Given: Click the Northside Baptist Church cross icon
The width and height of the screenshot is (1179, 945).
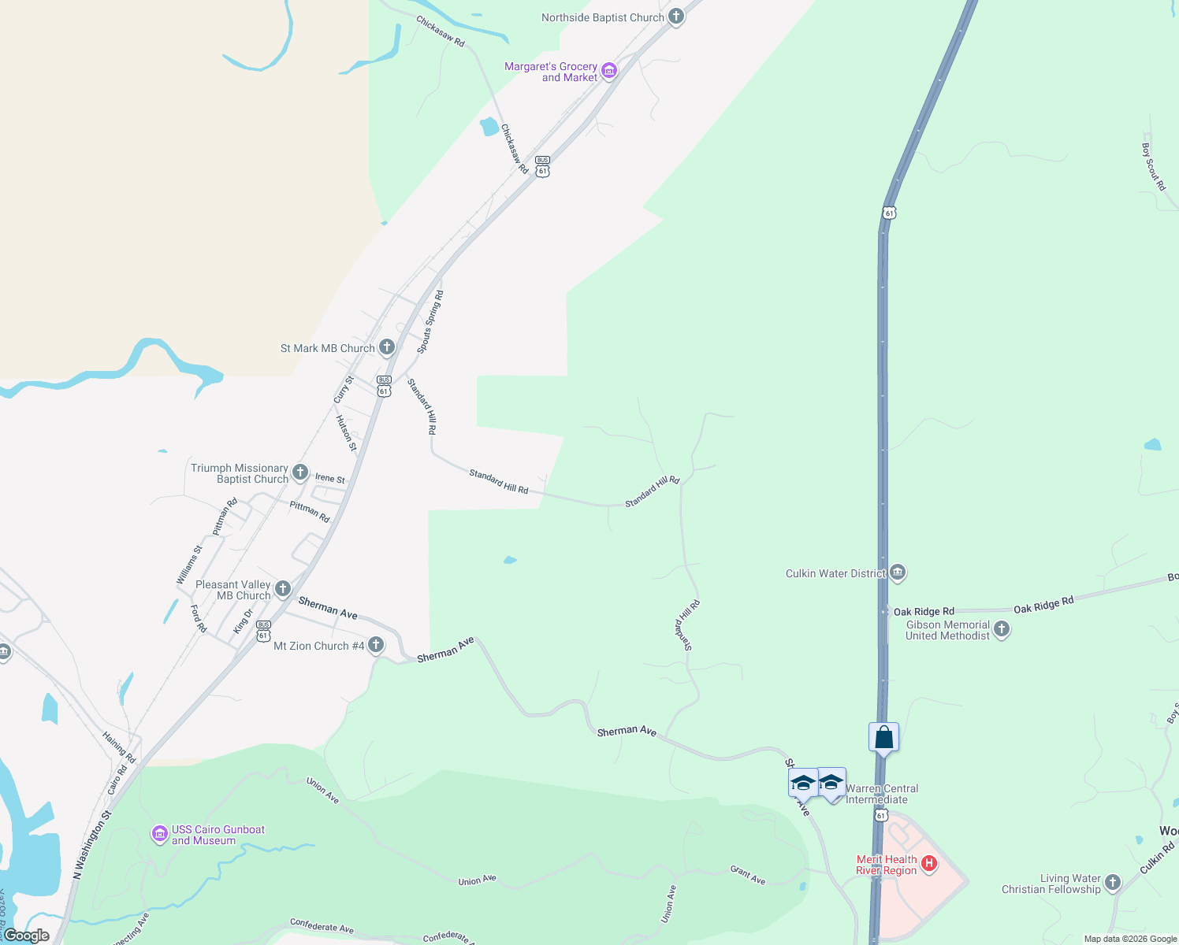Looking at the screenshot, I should coord(675,17).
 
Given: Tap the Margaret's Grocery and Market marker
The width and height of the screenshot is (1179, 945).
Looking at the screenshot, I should coord(608,72).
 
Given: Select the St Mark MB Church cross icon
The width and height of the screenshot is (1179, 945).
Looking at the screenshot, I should coord(386,347).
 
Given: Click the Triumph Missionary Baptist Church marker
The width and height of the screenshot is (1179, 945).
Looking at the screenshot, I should coord(299,472).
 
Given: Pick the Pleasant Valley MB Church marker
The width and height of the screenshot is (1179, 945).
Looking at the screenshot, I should coord(282,589).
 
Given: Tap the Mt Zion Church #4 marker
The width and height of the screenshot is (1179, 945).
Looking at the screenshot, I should coord(376,645).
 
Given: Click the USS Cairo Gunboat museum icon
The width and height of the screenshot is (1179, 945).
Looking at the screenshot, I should coord(160,834).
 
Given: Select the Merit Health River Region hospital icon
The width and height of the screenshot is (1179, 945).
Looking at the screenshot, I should coord(929,864).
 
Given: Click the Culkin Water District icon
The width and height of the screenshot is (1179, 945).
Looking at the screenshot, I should coord(898,573).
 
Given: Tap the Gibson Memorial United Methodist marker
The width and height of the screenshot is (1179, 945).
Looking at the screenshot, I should coord(1002,629).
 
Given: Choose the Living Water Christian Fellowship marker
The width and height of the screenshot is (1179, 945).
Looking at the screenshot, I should coord(1112,883).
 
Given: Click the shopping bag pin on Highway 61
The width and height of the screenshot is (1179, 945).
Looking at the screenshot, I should coord(883,738).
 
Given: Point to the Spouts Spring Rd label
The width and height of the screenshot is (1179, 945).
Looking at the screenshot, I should coord(430,322).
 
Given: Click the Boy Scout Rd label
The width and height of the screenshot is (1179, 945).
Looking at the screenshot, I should coord(1153,166).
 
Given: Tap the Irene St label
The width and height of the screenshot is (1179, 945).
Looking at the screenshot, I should coord(330,478).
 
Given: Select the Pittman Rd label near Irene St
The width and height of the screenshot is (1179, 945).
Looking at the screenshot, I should coord(310,512).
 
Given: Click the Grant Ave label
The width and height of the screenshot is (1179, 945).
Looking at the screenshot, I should coord(748,875).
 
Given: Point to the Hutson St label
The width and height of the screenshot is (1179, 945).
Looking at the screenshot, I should coord(347,434).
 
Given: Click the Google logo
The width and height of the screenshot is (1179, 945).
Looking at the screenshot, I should coord(27,936).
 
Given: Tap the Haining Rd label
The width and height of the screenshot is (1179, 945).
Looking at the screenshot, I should coord(119,747).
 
